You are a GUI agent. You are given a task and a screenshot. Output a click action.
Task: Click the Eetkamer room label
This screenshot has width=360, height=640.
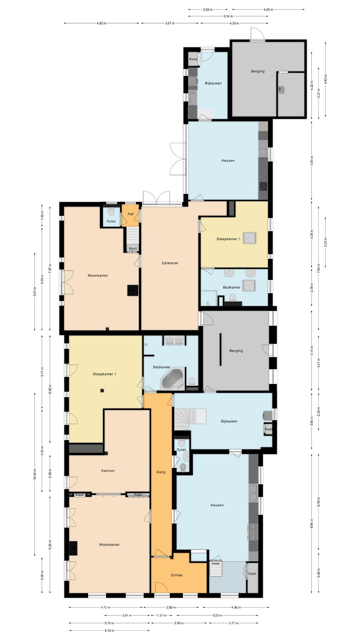pyautogui.click(x=170, y=263)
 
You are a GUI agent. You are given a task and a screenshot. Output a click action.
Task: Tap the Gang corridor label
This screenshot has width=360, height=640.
pyautogui.click(x=161, y=472)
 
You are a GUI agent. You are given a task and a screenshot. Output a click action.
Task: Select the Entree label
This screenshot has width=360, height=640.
pyautogui.click(x=177, y=575)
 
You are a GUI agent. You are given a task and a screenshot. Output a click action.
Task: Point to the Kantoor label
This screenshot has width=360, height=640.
pyautogui.click(x=108, y=471)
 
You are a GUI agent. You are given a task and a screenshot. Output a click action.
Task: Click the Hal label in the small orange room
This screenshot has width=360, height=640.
pyautogui.click(x=131, y=214)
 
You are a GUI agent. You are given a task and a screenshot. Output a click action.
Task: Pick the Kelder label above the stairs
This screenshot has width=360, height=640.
pyautogui.click(x=216, y=563)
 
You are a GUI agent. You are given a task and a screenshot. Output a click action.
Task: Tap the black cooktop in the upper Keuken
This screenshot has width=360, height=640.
pyautogui.click(x=263, y=186)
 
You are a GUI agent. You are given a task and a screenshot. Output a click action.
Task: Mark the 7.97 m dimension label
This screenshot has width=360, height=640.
pyautogui.click(x=50, y=268)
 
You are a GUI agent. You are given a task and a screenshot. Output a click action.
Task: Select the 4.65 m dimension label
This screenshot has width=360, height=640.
pyautogui.click(x=268, y=10)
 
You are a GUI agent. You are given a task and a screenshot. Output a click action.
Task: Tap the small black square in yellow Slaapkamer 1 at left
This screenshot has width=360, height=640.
pyautogui.click(x=102, y=390)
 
